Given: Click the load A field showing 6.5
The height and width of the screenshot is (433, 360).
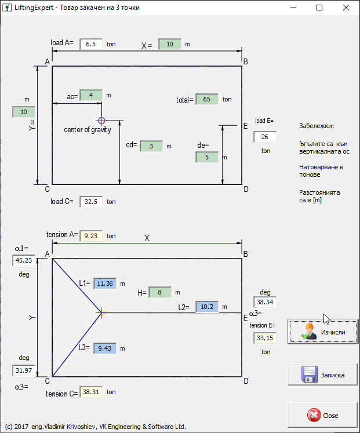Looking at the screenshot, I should [91, 44].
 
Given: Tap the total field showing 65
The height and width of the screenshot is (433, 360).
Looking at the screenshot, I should [207, 99].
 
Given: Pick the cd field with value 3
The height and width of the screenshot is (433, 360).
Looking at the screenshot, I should [151, 146].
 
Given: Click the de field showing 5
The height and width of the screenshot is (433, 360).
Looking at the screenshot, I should [207, 157].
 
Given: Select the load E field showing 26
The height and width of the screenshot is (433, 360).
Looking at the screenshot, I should [265, 137].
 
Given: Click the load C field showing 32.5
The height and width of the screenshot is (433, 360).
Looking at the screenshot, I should [91, 202].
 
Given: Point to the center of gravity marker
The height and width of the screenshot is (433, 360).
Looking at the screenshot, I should [101, 121].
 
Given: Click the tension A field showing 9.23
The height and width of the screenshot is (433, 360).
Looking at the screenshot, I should [91, 236].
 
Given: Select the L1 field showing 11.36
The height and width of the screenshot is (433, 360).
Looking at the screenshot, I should [105, 283].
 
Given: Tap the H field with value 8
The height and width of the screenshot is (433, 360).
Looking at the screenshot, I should [160, 293].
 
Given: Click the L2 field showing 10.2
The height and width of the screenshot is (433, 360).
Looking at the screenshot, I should [207, 307].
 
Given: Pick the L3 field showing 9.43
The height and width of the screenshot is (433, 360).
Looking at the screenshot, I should [105, 348].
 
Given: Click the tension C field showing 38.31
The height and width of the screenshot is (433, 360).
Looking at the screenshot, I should [91, 392].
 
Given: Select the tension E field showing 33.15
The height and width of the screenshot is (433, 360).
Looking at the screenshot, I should [265, 338].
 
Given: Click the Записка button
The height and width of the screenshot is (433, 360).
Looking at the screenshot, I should [323, 374].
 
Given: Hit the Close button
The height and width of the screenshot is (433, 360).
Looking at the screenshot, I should [323, 415].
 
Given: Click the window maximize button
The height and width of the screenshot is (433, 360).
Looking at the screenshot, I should [319, 8].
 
